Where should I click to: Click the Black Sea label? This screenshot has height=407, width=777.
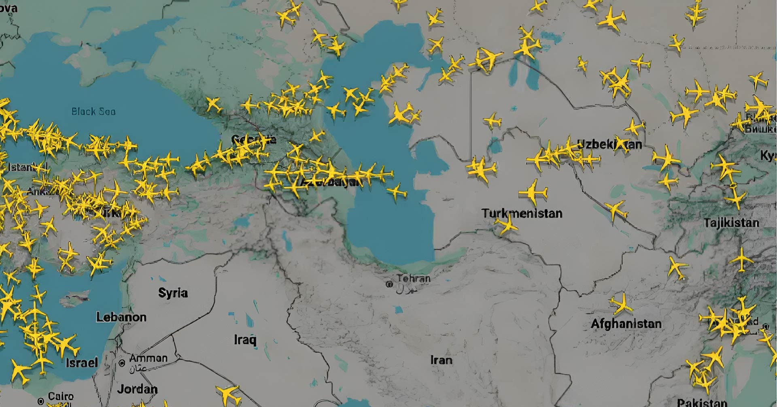click(x=93, y=111)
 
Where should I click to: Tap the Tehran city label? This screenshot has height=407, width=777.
click(x=413, y=278)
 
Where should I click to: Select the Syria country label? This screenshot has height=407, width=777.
click(x=173, y=293)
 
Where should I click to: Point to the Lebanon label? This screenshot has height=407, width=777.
click(x=121, y=317)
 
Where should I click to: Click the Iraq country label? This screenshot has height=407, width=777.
click(x=245, y=339)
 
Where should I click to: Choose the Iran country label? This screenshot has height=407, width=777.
click(x=441, y=360)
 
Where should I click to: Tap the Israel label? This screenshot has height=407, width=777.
click(x=82, y=362)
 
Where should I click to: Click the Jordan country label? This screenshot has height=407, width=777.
click(x=137, y=389)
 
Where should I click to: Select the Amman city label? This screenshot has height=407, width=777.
click(x=148, y=358)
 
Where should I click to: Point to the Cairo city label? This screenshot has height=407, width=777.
click(x=61, y=396)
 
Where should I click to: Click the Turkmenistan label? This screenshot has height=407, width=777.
click(x=522, y=213)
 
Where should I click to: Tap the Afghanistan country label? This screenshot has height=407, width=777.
click(x=626, y=324)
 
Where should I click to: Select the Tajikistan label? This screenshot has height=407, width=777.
click(x=731, y=223)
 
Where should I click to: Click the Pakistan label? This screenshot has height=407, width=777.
click(x=702, y=403)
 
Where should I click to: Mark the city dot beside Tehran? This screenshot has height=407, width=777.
click(x=389, y=284)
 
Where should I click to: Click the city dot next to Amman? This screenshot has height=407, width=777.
click(x=122, y=363)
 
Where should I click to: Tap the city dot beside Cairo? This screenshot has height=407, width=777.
click(x=40, y=401)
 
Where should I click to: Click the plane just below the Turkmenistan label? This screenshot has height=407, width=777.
click(x=506, y=225)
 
